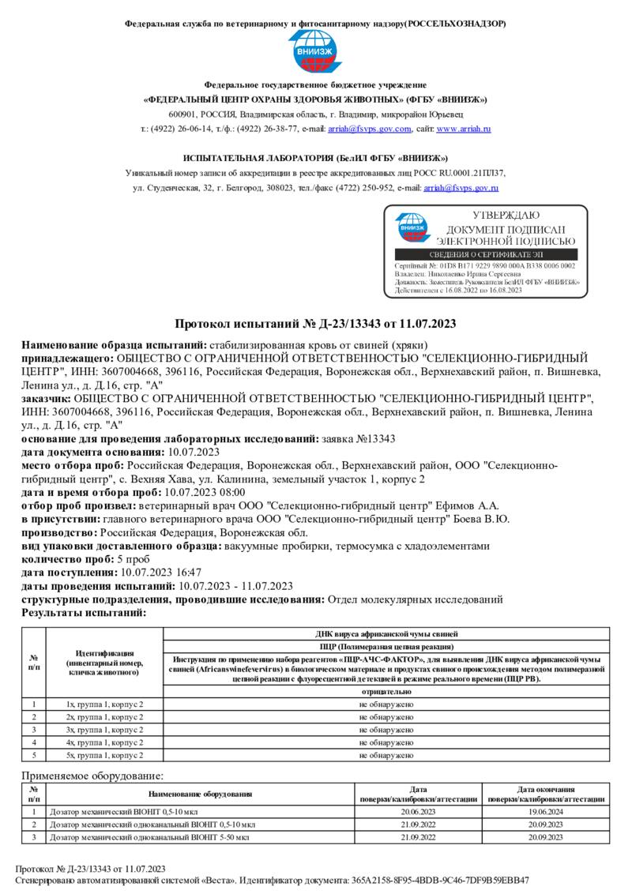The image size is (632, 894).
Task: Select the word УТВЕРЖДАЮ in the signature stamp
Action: [x=506, y=216]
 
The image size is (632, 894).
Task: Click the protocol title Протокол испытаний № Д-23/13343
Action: [x=315, y=325]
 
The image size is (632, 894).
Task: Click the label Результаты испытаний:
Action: [x=84, y=612]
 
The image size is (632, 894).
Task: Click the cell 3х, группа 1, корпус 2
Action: [x=104, y=729]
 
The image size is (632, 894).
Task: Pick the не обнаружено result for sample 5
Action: [x=386, y=756]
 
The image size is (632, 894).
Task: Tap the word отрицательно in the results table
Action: [x=386, y=691]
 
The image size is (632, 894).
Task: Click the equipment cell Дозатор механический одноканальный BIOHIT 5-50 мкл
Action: [x=149, y=837]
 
